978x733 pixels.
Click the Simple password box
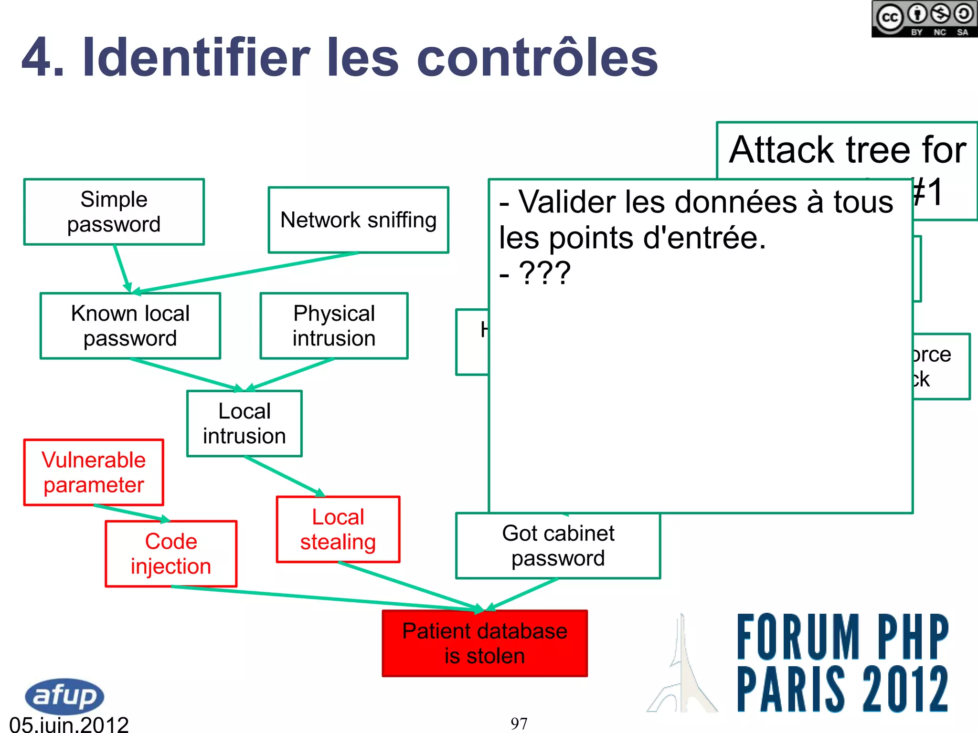tap(114, 212)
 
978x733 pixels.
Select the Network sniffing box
tap(358, 220)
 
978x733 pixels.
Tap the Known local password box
tap(130, 326)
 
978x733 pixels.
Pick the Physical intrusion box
tap(334, 326)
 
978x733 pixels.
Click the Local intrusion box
tap(244, 424)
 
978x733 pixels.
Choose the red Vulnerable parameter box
tap(94, 472)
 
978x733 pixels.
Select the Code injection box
tap(171, 554)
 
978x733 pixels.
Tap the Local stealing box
tap(338, 530)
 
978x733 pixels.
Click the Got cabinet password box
tap(558, 546)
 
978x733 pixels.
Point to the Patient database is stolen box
tap(485, 643)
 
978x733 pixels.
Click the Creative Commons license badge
tap(924, 19)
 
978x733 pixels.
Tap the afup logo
tap(64, 696)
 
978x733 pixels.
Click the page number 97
tap(519, 723)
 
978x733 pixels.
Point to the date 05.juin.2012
tap(69, 724)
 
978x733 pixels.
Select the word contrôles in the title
tap(537, 58)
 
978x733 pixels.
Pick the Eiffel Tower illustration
tap(683, 668)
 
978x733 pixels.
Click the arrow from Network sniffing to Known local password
tap(248, 272)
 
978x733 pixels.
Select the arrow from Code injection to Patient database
tap(325, 598)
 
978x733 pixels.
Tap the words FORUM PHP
tap(843, 637)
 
